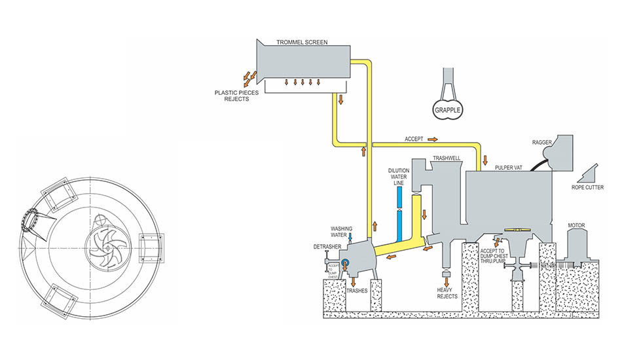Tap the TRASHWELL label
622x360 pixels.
pos(447,158)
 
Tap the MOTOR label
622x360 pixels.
pos(577,226)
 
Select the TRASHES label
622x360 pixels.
pos(357,290)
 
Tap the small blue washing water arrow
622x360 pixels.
pos(350,238)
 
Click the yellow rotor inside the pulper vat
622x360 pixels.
pos(515,230)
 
